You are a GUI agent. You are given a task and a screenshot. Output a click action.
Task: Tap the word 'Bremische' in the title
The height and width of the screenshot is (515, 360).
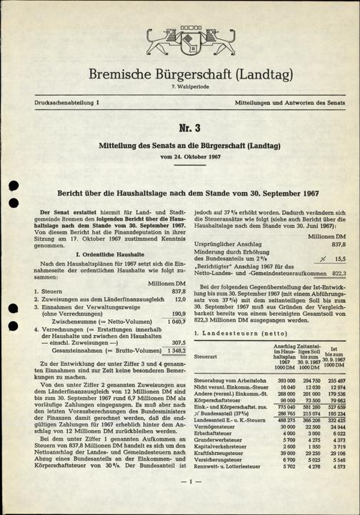click(x=126, y=74)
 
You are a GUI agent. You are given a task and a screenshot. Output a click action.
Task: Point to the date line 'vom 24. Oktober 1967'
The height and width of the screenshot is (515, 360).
click(x=180, y=156)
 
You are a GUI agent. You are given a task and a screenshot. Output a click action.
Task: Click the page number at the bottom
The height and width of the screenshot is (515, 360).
click(x=181, y=501)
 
